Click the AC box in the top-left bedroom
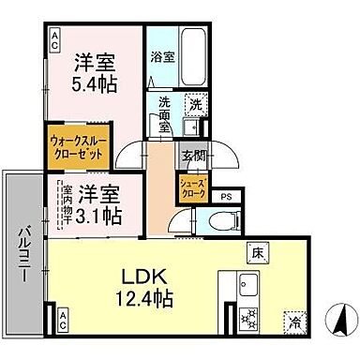pos(55,38)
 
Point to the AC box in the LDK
pos(63,319)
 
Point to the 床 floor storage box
pos(257,251)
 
